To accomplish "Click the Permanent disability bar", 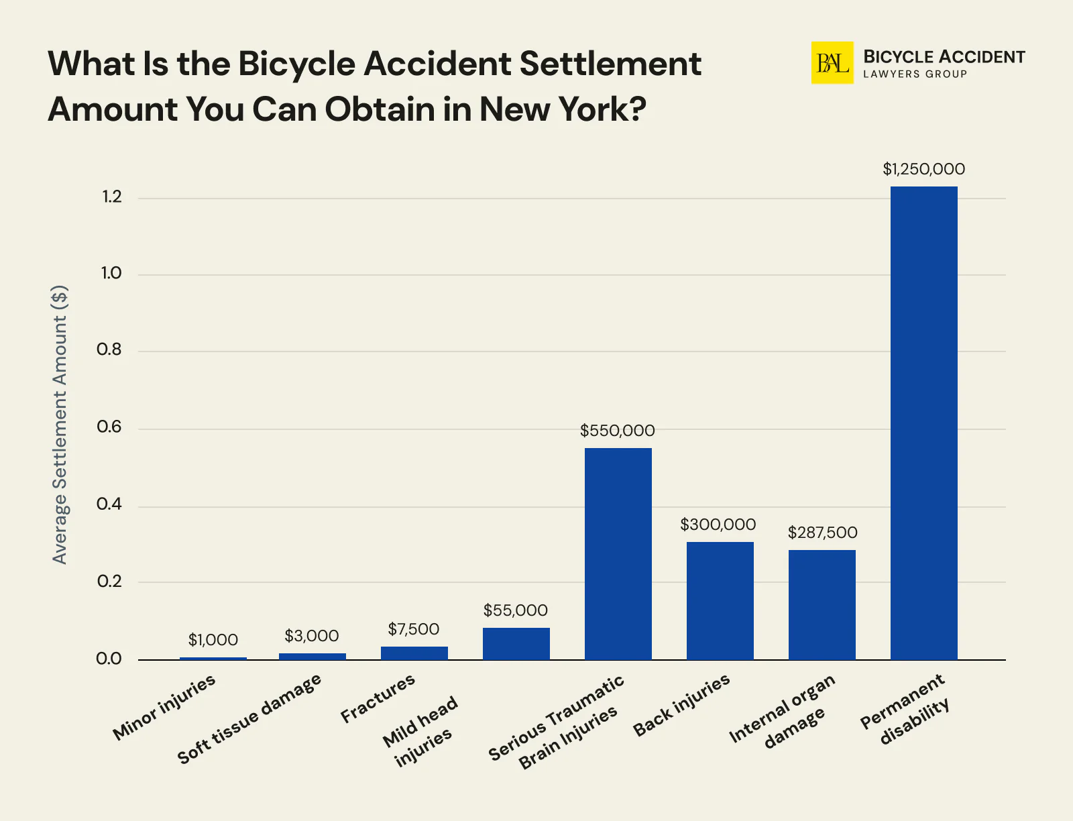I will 923,423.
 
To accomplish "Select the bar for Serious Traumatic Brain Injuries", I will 618,553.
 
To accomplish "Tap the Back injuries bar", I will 720,600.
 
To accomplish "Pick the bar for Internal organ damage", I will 822,604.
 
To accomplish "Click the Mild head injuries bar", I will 516,643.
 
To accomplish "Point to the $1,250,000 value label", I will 923,169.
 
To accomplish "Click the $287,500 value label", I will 822,533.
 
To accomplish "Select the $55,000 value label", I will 515,610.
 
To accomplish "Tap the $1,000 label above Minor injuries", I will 213,640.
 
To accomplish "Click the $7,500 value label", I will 413,629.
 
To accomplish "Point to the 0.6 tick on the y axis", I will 109,427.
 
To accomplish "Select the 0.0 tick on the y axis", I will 109,659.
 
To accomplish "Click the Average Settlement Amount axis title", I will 60,425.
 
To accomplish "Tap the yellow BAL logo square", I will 832,63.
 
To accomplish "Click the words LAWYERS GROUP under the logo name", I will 915,74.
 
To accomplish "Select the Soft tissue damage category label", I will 249,719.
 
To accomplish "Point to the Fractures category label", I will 378,699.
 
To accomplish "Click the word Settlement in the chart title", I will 610,64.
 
